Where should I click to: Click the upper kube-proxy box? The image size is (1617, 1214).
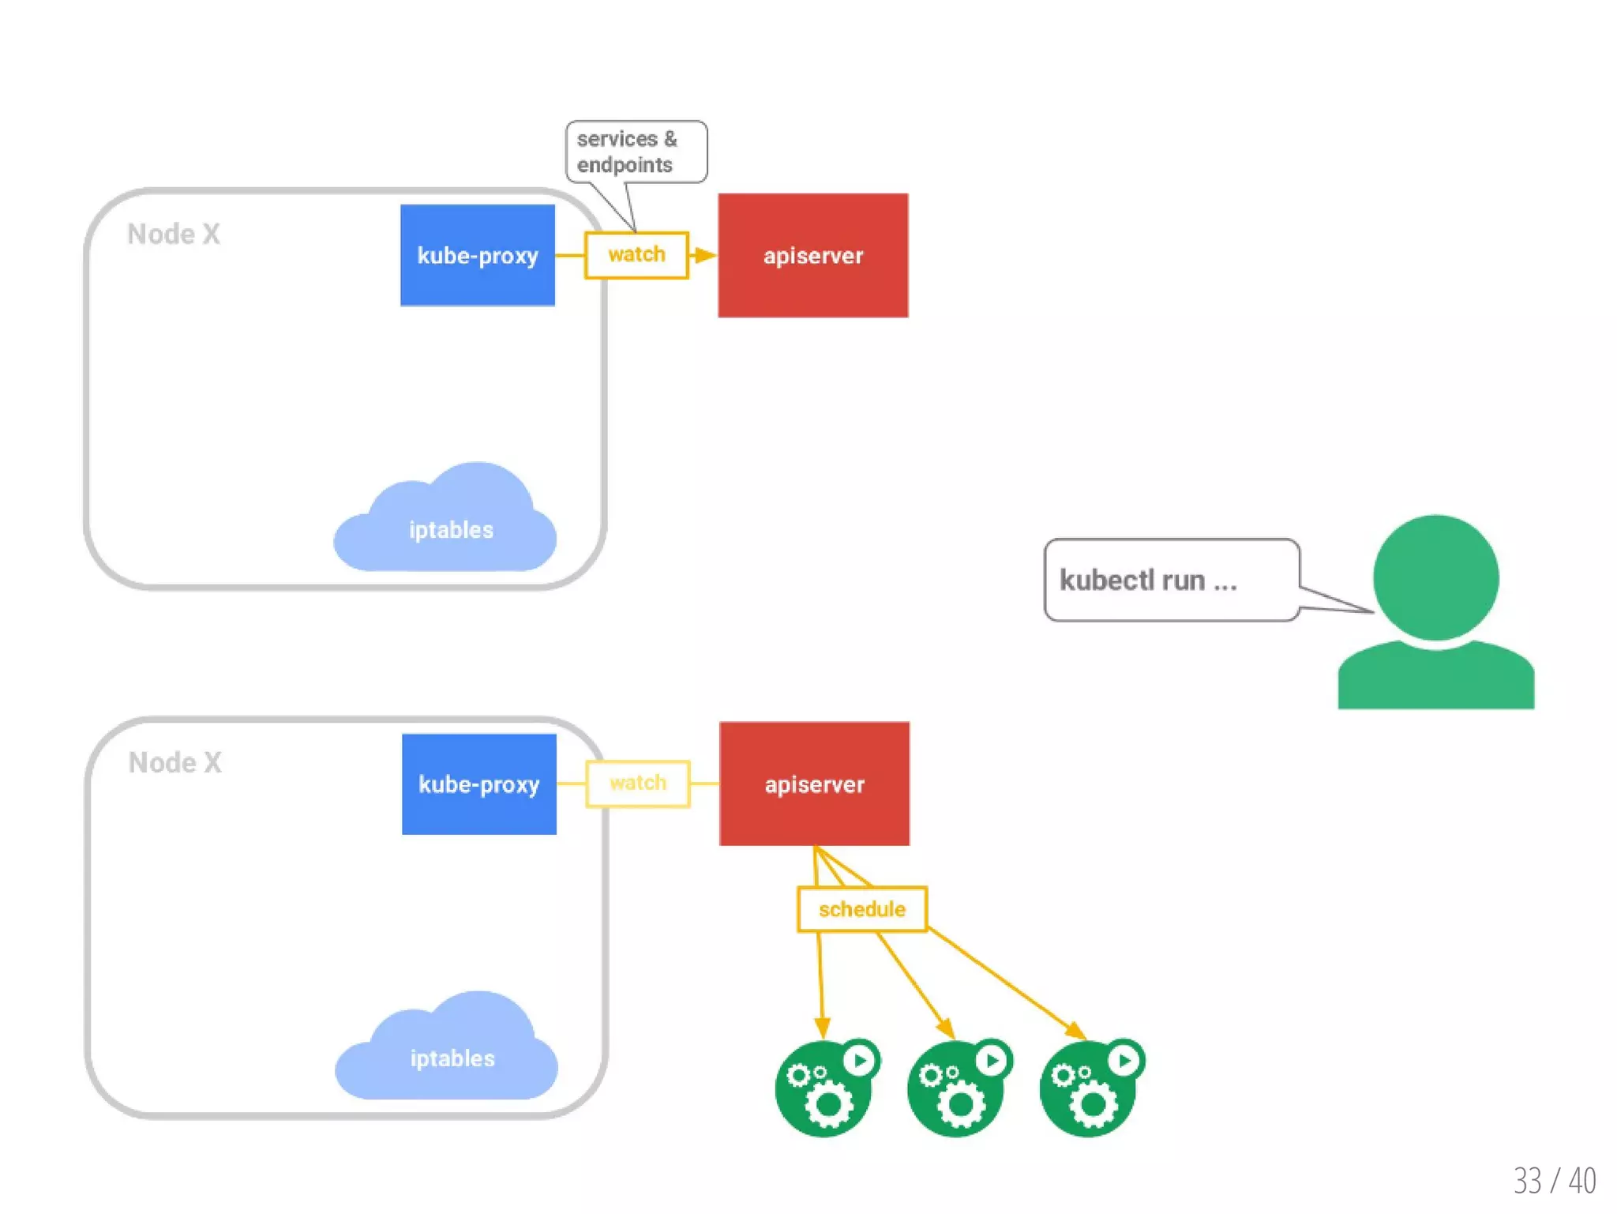point(477,255)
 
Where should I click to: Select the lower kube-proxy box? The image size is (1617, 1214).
point(478,784)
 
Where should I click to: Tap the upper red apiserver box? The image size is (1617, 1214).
point(812,255)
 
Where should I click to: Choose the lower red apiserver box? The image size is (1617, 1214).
point(814,784)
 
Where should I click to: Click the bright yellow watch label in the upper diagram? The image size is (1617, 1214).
point(636,254)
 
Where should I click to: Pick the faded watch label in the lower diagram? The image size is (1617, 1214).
point(638,783)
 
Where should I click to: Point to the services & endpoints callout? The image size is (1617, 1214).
point(636,152)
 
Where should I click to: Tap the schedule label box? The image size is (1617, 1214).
point(861,909)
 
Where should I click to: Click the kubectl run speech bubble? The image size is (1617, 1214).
point(1171,580)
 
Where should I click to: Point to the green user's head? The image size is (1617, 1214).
point(1435,577)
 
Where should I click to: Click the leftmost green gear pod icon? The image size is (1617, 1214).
point(824,1091)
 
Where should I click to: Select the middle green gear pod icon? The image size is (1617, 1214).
point(957,1091)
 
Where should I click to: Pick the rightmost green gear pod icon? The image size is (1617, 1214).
point(1090,1091)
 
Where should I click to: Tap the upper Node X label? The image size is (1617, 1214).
point(174,234)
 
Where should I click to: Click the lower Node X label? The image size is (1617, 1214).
point(175,762)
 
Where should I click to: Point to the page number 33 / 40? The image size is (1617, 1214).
point(1554,1180)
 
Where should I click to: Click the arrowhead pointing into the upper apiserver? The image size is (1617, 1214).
point(705,255)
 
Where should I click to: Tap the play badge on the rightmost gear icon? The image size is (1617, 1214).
point(1125,1059)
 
